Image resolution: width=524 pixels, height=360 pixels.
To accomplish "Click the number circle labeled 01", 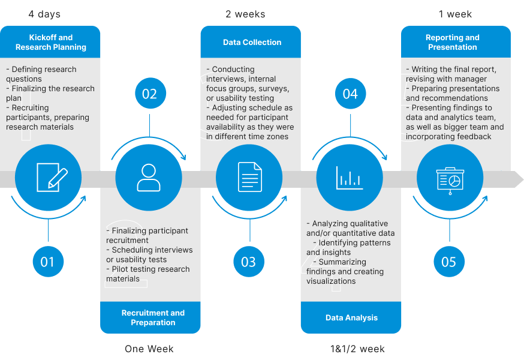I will point(47,262).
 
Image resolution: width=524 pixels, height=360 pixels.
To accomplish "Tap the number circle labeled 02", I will point(149,94).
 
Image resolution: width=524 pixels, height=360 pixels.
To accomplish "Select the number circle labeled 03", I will point(248,262).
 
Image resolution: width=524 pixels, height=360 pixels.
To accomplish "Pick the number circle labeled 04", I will point(350,94).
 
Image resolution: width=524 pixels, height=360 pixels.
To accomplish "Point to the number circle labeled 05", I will point(448,262).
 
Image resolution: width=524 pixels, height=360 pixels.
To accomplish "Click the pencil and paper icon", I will point(50,178).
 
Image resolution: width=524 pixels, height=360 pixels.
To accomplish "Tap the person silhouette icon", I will point(149,178).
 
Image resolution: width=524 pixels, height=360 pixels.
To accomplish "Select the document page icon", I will point(249,178).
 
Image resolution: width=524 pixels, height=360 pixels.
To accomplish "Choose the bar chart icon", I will point(350,178).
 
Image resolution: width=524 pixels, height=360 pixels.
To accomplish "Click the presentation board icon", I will point(450,178).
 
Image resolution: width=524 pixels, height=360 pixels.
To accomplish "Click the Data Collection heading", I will point(252,43).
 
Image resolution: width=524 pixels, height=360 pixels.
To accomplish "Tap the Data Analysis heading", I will point(351,318).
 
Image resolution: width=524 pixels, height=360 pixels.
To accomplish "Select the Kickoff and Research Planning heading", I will point(51,42).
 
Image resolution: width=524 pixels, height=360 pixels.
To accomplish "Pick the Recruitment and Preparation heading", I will point(153,317).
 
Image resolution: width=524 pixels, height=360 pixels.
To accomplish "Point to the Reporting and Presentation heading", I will point(453,42).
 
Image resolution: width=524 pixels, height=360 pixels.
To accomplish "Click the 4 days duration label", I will point(44,14).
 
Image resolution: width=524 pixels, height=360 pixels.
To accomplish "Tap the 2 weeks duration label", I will point(245,14).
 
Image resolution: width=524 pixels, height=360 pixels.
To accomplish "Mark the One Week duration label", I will point(149,349).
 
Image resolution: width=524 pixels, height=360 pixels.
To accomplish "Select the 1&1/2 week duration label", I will point(357,349).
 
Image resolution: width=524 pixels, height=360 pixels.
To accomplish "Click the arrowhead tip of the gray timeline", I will point(520,179).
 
